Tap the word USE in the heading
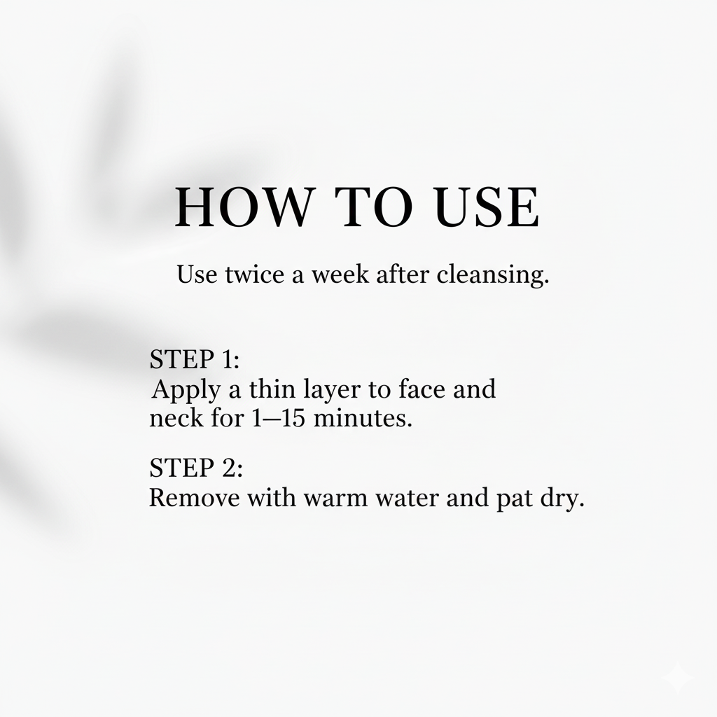pyautogui.click(x=487, y=207)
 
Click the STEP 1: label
pyautogui.click(x=195, y=359)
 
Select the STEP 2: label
pyautogui.click(x=196, y=467)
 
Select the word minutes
pyautogui.click(x=363, y=418)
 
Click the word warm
pyautogui.click(x=335, y=499)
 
